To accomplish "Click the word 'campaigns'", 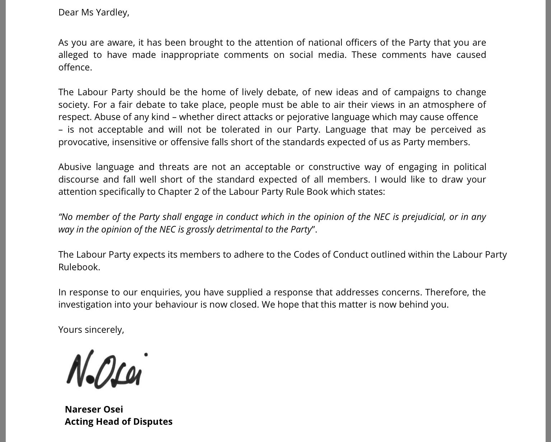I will [416, 92].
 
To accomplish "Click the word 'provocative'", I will [84, 142].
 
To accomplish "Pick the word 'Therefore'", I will [447, 293].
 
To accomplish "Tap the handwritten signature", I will [106, 370].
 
